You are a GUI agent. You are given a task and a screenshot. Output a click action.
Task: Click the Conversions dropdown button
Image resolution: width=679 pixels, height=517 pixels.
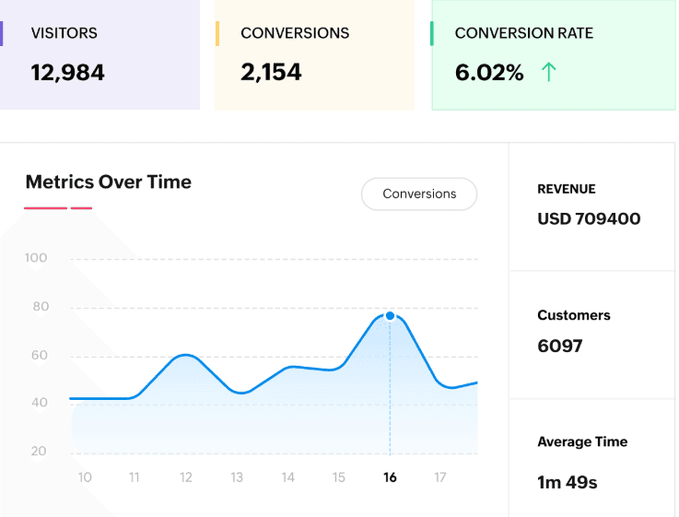point(419,194)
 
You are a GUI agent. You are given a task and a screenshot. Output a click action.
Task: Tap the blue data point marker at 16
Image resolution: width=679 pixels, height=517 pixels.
point(390,316)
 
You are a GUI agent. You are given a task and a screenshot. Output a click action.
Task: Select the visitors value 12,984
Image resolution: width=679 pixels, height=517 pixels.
point(68,72)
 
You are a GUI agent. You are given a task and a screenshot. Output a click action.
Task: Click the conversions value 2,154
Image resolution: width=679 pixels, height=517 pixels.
point(271,72)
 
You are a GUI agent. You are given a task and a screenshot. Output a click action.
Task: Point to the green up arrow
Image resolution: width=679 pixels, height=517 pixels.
point(549,72)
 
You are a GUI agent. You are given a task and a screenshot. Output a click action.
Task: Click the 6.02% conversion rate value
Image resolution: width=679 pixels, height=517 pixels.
point(489,72)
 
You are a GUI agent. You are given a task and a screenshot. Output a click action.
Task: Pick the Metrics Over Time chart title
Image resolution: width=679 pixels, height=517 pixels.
point(109,182)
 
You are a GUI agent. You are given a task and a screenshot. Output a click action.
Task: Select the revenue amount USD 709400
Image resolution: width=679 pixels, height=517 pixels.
point(589,218)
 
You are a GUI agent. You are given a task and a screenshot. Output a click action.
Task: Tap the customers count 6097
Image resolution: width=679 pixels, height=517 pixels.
point(560,346)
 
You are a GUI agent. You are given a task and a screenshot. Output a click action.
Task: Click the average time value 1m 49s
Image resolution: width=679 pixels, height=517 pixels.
point(568,482)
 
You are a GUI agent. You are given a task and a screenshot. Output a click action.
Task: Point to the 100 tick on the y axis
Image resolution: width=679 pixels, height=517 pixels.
point(36,258)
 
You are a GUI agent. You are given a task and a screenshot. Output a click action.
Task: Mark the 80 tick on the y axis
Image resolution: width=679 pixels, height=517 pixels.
point(39,307)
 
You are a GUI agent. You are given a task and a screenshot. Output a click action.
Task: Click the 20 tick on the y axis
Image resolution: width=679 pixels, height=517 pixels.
point(39,452)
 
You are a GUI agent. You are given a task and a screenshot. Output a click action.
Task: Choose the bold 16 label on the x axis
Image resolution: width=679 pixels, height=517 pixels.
point(390,477)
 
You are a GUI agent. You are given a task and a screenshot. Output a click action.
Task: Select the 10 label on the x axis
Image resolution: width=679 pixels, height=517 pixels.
point(85,477)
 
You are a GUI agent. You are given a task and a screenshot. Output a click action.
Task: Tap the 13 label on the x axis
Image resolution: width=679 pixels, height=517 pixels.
point(237,477)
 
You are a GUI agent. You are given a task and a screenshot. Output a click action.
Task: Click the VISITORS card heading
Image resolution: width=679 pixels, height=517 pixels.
point(64,33)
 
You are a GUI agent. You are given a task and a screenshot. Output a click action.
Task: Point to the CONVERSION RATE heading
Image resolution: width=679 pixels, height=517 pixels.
point(523,33)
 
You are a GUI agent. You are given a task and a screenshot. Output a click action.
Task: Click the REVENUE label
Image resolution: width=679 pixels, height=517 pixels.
point(567,189)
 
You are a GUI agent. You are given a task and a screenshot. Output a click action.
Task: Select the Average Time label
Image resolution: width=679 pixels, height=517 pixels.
point(582,442)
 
